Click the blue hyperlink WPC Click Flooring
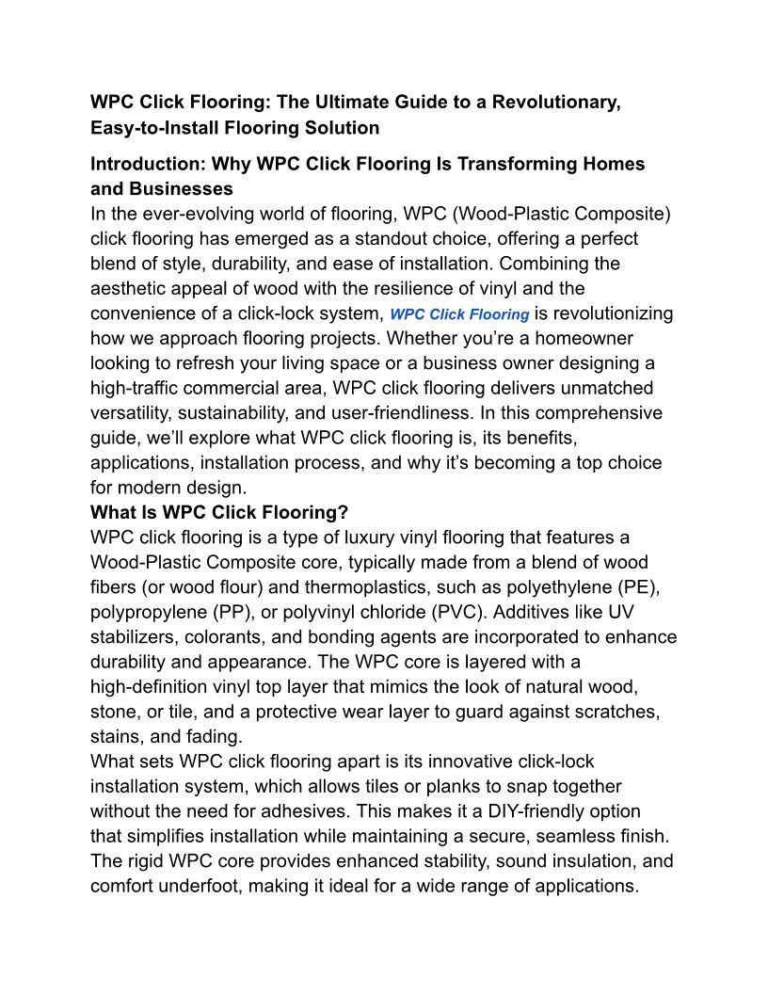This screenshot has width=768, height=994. (x=459, y=314)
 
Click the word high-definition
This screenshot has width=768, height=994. (x=160, y=687)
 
